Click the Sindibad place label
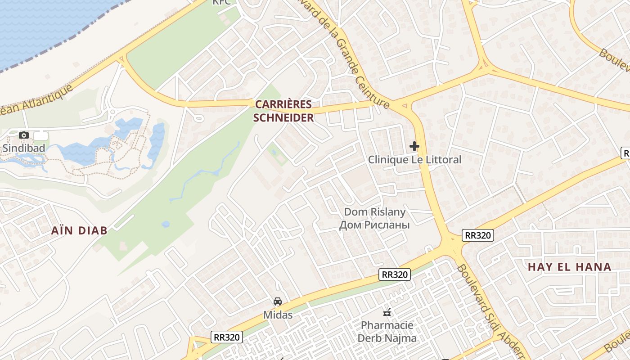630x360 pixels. (x=24, y=148)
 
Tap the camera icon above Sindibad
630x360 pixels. (x=24, y=135)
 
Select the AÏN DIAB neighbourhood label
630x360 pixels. (x=79, y=230)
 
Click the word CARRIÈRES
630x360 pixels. (x=283, y=104)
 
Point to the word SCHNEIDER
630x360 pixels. (x=283, y=118)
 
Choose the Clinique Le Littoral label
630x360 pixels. (x=414, y=159)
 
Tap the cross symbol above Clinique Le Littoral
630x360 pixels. (x=414, y=146)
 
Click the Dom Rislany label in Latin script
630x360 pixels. (x=374, y=211)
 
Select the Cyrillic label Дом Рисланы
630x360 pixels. (x=374, y=225)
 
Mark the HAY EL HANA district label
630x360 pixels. (x=569, y=266)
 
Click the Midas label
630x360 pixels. (x=278, y=315)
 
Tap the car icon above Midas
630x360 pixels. (x=278, y=301)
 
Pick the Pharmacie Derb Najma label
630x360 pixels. (x=387, y=331)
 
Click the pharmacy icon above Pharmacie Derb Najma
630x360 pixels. (x=387, y=312)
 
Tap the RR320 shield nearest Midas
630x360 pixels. (x=227, y=337)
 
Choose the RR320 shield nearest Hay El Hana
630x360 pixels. (x=478, y=235)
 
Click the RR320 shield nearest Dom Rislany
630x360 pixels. (x=395, y=274)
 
